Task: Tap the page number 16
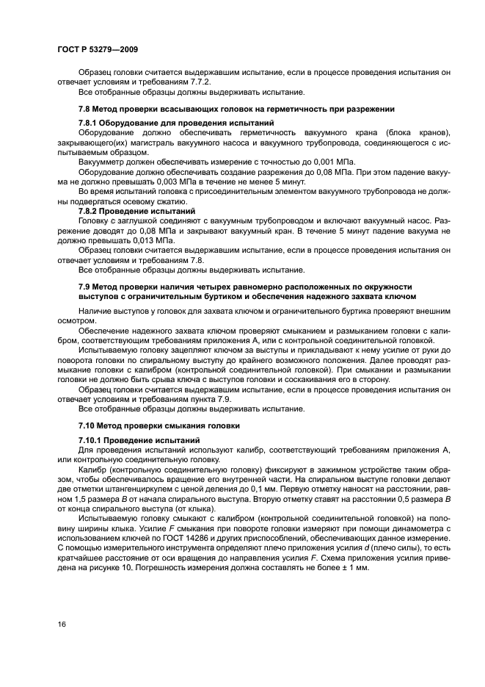pos(61,625)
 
